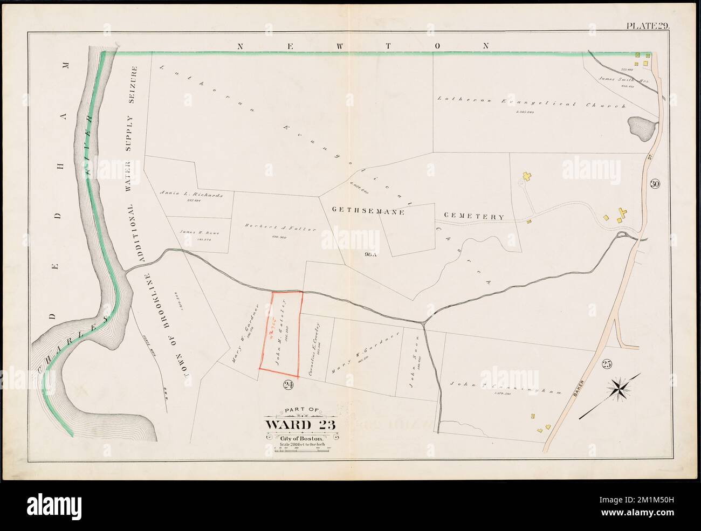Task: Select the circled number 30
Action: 655,184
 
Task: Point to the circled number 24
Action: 286,384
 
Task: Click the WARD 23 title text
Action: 300,424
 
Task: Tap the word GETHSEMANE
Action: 364,212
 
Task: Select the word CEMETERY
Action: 474,217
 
